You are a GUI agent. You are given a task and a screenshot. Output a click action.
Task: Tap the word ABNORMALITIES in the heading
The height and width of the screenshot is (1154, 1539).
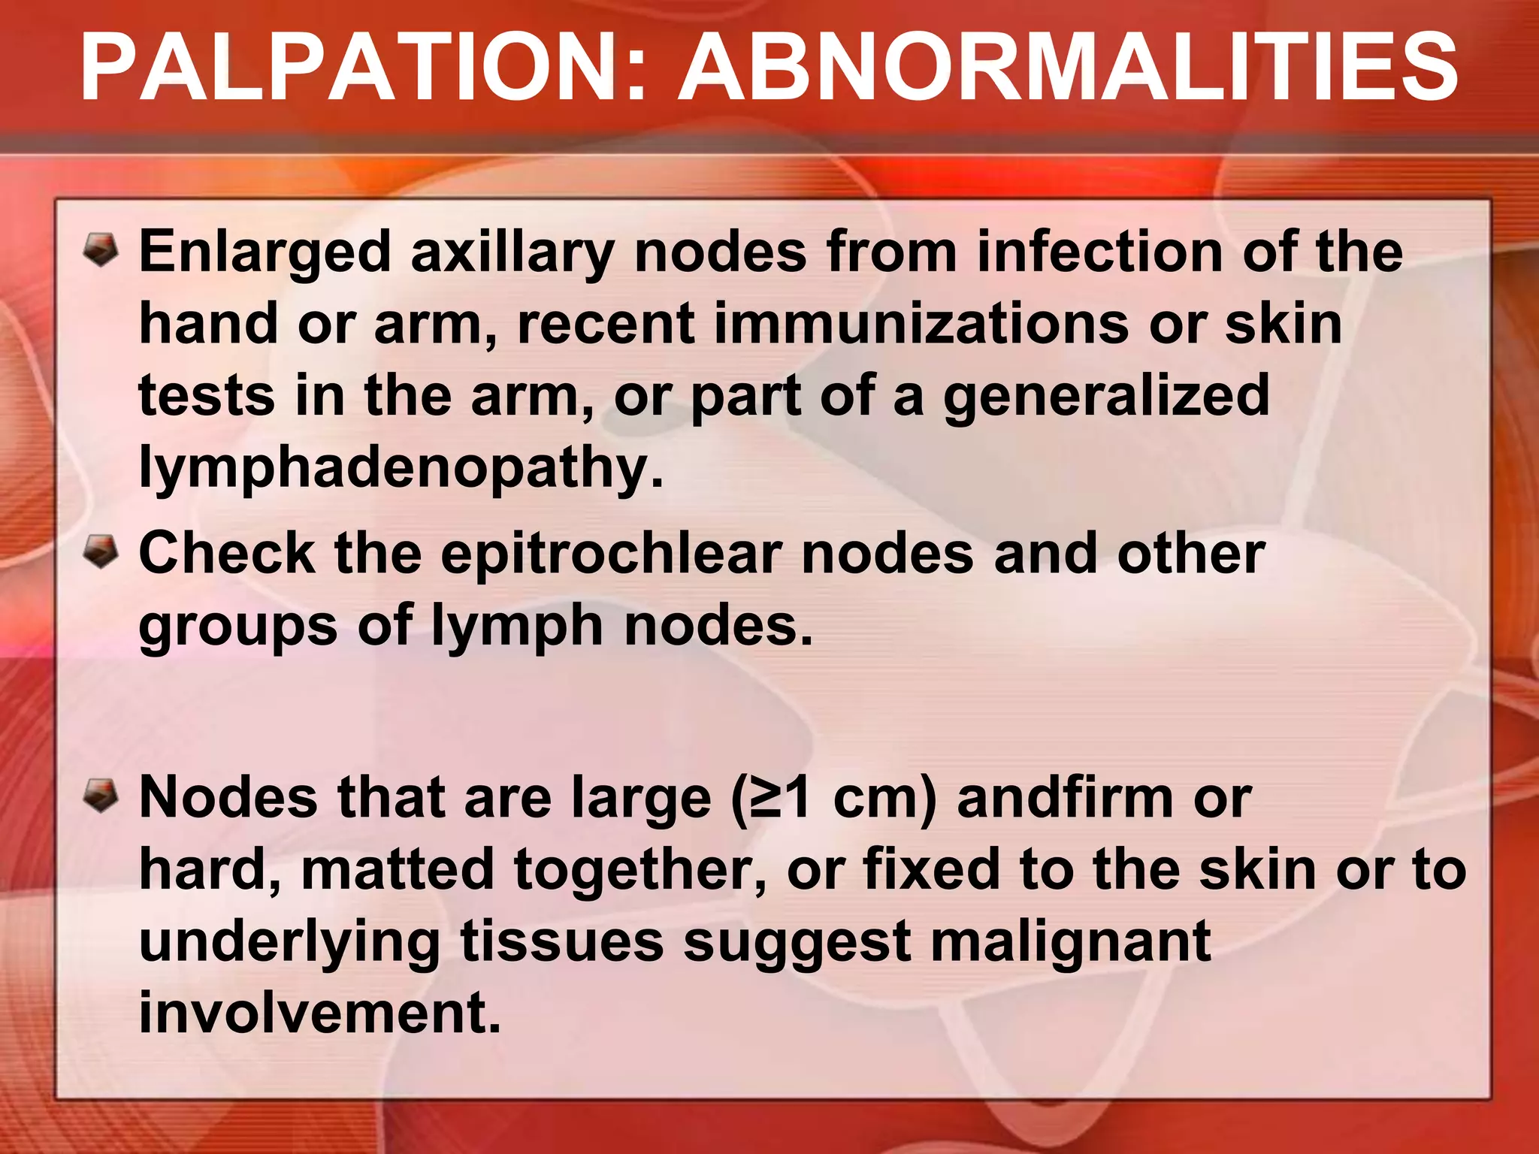point(1068,69)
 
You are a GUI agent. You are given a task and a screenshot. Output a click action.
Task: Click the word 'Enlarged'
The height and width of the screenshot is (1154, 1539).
point(265,253)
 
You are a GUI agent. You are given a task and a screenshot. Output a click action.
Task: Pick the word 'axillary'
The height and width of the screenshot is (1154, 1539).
point(512,253)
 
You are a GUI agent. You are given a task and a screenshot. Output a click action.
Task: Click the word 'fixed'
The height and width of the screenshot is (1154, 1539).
point(932,869)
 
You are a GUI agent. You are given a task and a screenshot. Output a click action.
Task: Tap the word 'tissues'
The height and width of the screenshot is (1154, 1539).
point(561,941)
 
